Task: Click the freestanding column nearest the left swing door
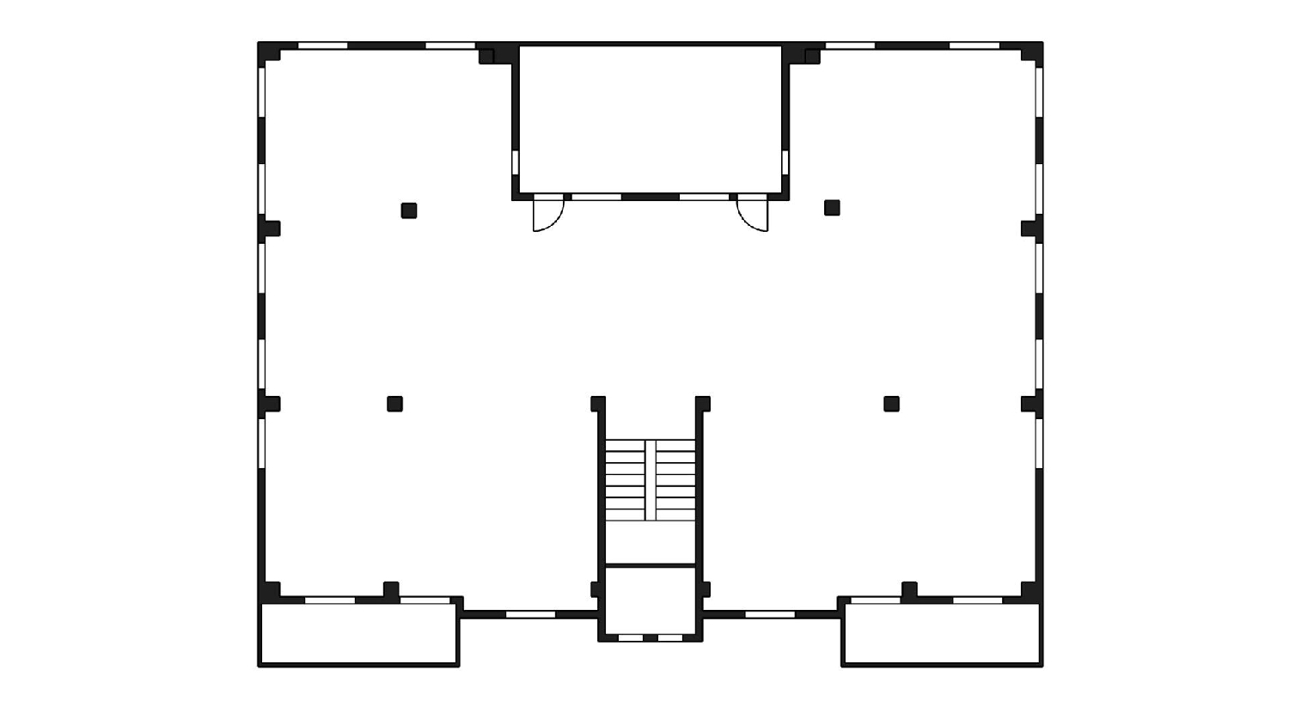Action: tap(409, 210)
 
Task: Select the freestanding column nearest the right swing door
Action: tap(832, 208)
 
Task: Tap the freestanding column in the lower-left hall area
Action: tap(394, 404)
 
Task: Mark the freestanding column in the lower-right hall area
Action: tap(891, 404)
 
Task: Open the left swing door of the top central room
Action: tap(547, 214)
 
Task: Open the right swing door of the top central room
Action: tap(754, 214)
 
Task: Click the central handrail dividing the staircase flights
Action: tap(651, 480)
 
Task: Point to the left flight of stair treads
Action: tap(625, 480)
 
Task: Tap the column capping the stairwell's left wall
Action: tap(598, 404)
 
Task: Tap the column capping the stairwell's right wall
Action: tap(703, 404)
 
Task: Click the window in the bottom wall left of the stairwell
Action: tap(530, 614)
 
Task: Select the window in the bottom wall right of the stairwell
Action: tap(770, 614)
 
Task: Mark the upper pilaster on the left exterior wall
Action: tap(270, 228)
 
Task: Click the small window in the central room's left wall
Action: tap(516, 162)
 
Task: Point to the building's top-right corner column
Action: tap(1031, 53)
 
